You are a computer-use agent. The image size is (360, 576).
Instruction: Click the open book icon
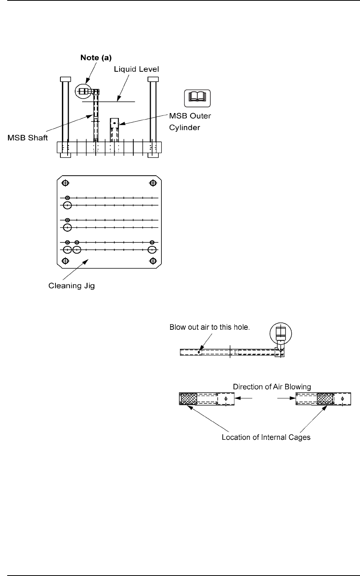197,98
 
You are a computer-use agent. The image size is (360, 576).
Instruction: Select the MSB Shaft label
28,138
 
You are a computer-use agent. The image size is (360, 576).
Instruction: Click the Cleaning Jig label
72,286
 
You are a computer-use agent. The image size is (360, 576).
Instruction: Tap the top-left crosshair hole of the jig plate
65,183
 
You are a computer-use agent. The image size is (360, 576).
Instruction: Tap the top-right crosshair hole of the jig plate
153,183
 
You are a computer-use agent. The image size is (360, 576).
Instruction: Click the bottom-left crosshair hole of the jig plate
65,261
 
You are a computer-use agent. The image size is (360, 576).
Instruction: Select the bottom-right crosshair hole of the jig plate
153,261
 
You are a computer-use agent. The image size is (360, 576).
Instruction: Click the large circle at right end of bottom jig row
152,250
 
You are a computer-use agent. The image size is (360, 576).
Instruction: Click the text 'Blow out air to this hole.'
209,327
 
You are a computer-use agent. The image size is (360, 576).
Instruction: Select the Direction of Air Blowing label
272,387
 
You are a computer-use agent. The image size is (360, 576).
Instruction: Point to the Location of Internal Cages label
266,438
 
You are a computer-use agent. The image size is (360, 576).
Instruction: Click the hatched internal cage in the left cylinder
189,399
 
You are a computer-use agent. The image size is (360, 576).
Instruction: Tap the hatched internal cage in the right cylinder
325,399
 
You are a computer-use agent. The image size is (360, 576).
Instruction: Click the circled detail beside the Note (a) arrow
83,91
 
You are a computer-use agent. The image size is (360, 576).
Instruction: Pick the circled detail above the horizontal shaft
280,332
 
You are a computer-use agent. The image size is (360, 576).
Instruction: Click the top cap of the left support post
65,79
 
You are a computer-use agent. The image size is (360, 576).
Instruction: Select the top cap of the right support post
153,79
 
